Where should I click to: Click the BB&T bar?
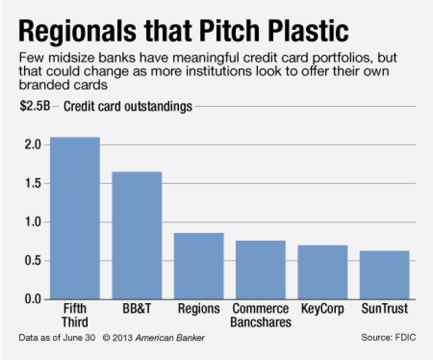137,235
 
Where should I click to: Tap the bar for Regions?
199,266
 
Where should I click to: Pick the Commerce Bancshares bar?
261,270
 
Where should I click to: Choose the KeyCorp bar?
323,272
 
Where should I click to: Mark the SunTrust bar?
384,275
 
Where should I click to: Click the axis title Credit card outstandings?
128,107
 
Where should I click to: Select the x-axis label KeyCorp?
323,308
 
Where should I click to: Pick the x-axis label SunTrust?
384,308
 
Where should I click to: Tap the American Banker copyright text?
154,338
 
